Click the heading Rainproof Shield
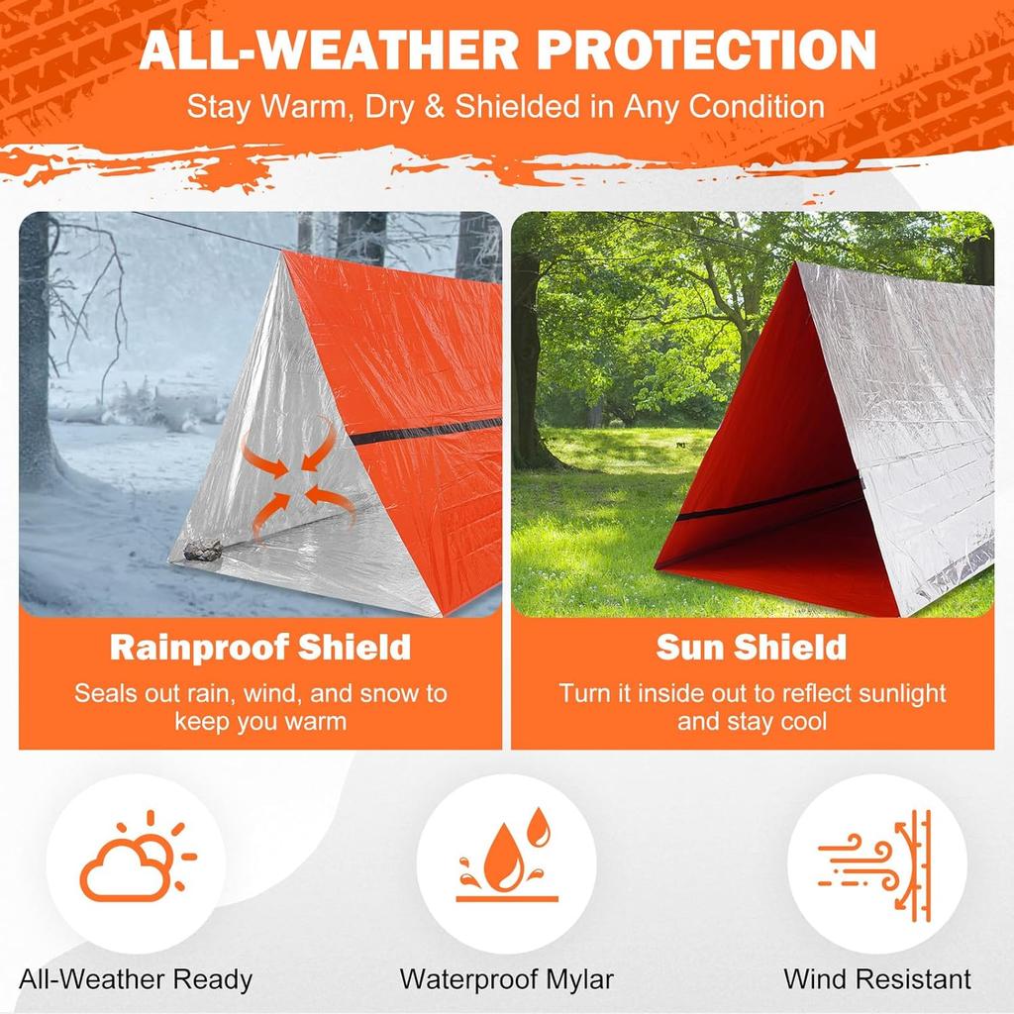pyautogui.click(x=259, y=648)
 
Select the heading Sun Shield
pyautogui.click(x=752, y=648)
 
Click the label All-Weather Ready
pyautogui.click(x=136, y=980)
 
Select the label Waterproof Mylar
pyautogui.click(x=506, y=980)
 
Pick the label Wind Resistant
pyautogui.click(x=877, y=980)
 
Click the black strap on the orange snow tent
pyautogui.click(x=426, y=432)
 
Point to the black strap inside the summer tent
pyautogui.click(x=772, y=500)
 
